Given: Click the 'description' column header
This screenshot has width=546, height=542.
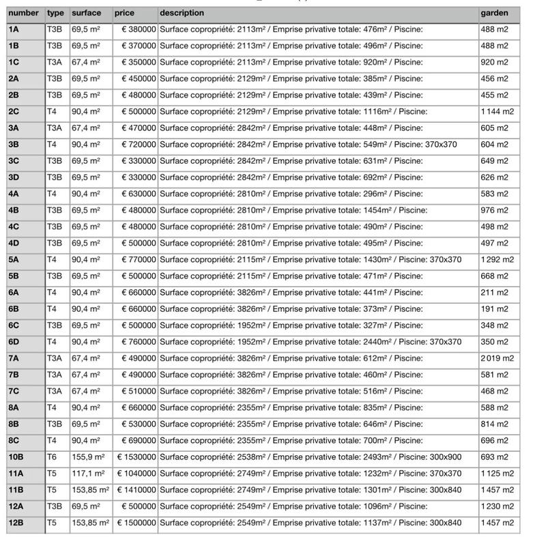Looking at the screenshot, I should click(182, 13).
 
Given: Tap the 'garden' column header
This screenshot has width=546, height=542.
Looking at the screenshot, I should click(494, 13).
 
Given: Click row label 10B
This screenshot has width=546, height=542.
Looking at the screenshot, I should click(16, 457).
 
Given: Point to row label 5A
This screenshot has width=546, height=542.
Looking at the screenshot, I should click(14, 259).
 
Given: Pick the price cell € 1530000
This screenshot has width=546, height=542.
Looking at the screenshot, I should click(136, 457).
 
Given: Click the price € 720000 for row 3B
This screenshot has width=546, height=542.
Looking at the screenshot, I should click(139, 144).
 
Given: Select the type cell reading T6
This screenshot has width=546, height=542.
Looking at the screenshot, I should click(52, 457).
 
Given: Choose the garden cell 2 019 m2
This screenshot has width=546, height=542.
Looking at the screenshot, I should click(497, 358).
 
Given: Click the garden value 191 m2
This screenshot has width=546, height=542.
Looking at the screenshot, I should click(494, 309).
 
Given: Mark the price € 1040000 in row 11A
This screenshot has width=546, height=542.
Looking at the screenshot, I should click(136, 473).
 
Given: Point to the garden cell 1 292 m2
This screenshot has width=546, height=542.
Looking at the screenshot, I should click(497, 259).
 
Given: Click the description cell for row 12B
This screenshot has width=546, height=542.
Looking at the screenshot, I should click(311, 522).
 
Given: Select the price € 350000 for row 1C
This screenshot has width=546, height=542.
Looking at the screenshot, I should click(139, 62).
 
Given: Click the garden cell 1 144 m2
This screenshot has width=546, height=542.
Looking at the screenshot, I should click(497, 111).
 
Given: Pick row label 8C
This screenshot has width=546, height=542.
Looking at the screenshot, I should click(14, 440).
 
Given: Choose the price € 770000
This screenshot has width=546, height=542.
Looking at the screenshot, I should click(139, 259).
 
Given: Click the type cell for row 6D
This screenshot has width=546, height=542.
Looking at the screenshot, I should click(52, 341).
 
